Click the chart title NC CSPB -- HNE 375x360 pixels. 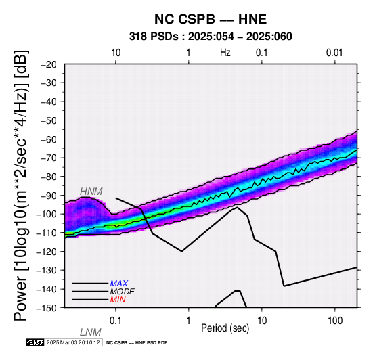pos(211,19)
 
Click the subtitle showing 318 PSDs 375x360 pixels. pos(211,37)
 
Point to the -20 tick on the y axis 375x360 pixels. pos(49,64)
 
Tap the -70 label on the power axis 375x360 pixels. pos(49,158)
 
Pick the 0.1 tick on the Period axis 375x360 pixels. pos(116,320)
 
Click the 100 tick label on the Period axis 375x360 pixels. pos(335,320)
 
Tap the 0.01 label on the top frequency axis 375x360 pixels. pos(334,53)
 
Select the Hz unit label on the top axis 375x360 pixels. pos(225,53)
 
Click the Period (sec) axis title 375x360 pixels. pos(225,328)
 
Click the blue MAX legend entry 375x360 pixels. pos(119,284)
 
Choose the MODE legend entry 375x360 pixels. pos(123,292)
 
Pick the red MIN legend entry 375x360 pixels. pos(118,300)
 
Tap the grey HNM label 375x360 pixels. pos(91,192)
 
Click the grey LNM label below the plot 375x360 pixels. pos(91,332)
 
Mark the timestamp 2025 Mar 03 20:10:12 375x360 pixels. pos(73,342)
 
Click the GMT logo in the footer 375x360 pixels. pos(35,342)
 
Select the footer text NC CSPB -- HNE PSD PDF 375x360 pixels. pos(137,343)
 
